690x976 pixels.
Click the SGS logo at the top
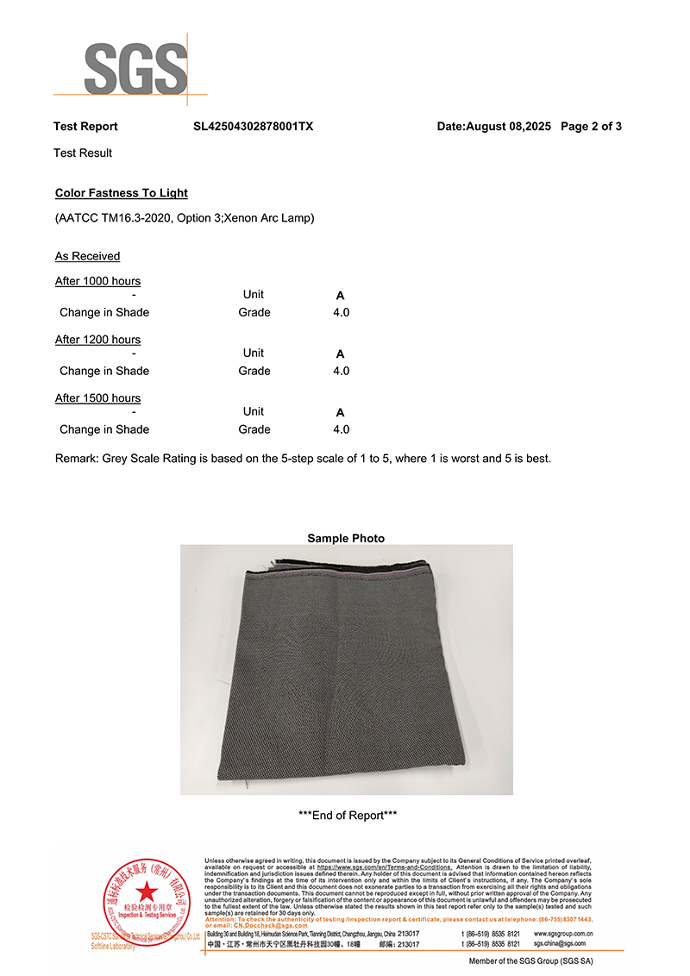coord(135,67)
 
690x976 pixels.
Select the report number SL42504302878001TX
coord(253,127)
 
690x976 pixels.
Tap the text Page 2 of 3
coord(591,127)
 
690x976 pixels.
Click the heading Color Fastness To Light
coord(121,193)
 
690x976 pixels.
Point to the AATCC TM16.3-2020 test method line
coord(184,218)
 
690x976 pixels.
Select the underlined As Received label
coord(87,256)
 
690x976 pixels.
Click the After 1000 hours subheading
coord(97,281)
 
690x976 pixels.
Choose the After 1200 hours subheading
coord(97,340)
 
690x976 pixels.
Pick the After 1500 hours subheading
coord(97,398)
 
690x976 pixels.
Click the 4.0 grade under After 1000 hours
coord(341,312)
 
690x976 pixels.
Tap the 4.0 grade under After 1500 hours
coord(341,429)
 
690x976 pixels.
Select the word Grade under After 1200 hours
coord(254,371)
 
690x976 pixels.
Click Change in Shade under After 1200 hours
coord(104,371)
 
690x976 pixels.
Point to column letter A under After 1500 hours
coord(340,413)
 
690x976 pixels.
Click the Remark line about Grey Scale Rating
coord(302,459)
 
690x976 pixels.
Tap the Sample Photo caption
coord(346,538)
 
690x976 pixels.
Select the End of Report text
coord(347,816)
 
